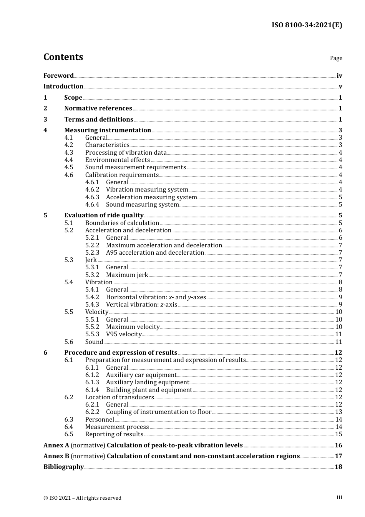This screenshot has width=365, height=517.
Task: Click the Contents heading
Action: pyautogui.click(x=63, y=57)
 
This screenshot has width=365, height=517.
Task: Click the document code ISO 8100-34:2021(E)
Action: pyautogui.click(x=307, y=25)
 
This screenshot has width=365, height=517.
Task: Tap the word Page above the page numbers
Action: pyautogui.click(x=336, y=58)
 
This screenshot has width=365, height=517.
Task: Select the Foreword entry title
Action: pyautogui.click(x=58, y=76)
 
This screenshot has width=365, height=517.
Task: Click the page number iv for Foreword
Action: pyautogui.click(x=339, y=76)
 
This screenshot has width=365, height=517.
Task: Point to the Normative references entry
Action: pyautogui.click(x=98, y=108)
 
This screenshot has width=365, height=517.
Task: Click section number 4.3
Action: pyautogui.click(x=68, y=152)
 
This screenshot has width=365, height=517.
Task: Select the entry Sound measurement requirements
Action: pyautogui.click(x=135, y=167)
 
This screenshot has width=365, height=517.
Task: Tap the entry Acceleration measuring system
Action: pyautogui.click(x=151, y=197)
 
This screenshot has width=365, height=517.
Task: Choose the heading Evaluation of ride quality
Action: pyautogui.click(x=104, y=215)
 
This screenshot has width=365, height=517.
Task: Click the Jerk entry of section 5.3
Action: pyautogui.click(x=91, y=260)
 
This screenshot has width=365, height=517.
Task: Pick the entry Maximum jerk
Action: pyautogui.click(x=127, y=275)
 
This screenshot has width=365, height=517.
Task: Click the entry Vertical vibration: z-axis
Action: pyautogui.click(x=141, y=305)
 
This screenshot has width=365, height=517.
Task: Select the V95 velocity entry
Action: pyautogui.click(x=124, y=334)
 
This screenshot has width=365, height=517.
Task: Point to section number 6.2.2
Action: pyautogui.click(x=92, y=412)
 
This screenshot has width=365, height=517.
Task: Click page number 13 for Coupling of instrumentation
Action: pyautogui.click(x=338, y=412)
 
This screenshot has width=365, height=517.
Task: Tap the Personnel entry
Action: pyautogui.click(x=100, y=420)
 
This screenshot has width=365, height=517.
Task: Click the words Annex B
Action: pyautogui.click(x=56, y=456)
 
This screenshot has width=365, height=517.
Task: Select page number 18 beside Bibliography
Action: pyautogui.click(x=338, y=467)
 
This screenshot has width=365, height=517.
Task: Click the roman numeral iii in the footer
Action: pyautogui.click(x=339, y=497)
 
